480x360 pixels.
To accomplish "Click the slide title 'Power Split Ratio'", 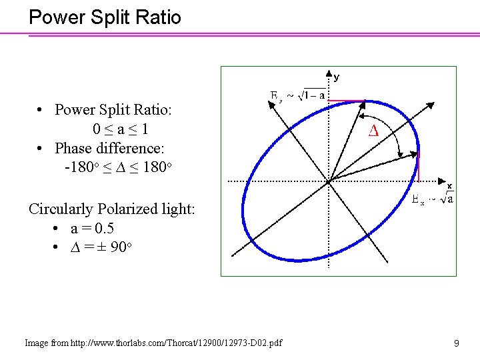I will pos(105,17).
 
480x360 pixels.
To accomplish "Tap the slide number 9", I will pos(456,343).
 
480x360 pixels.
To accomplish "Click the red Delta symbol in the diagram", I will pos(373,131).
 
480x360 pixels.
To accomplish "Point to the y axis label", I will pos(336,77).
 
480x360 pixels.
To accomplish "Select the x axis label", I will pos(449,186).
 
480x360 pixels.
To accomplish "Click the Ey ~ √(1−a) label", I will pos(297,95).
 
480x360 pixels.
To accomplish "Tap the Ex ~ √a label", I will pos(433,199).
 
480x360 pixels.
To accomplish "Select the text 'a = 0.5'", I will pos(92,228).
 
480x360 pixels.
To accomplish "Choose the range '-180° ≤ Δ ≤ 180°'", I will pos(119,167).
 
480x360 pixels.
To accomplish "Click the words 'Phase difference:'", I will pos(109,147).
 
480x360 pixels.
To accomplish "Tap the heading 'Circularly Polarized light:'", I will pos(112,209).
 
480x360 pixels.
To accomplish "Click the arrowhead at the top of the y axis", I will pos(328,72).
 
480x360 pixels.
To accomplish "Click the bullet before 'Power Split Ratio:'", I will pos(41,109).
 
